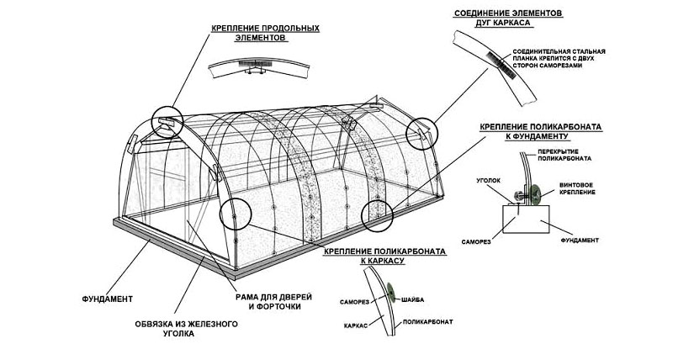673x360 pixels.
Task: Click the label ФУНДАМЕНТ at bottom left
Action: tap(109, 299)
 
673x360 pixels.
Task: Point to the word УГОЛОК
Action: tap(491, 180)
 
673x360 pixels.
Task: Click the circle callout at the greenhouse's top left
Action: tap(167, 121)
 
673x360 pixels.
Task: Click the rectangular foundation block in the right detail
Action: tap(525, 216)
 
